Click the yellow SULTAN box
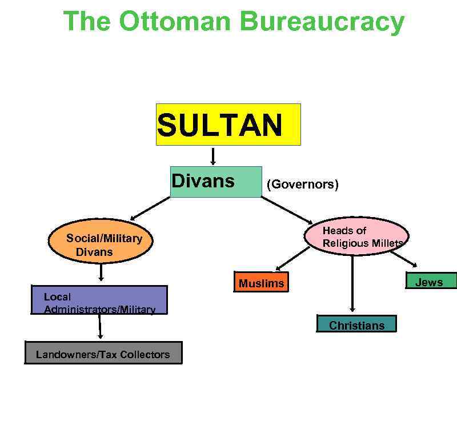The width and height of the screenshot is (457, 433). (228, 125)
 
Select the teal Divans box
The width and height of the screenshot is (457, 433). (216, 182)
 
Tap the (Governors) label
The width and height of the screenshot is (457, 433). (302, 185)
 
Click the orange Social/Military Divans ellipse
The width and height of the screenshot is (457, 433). (101, 244)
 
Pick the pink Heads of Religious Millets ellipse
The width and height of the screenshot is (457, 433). (356, 236)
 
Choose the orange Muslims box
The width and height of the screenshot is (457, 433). (261, 283)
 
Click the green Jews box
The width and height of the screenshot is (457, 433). (431, 281)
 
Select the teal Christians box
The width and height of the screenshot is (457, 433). (356, 324)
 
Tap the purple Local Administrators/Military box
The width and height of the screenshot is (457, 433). (99, 300)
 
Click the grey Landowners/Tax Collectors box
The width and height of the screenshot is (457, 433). (103, 353)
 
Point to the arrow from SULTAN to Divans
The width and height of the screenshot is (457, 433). (213, 156)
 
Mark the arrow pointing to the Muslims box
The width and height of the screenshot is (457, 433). (292, 259)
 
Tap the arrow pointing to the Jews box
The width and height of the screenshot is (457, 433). (403, 259)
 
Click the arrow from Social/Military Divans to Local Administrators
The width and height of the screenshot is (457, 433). (101, 272)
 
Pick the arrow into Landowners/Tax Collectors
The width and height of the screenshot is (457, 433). (99, 327)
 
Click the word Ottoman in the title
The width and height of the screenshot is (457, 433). (175, 21)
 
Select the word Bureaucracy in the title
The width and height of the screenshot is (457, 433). (322, 21)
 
